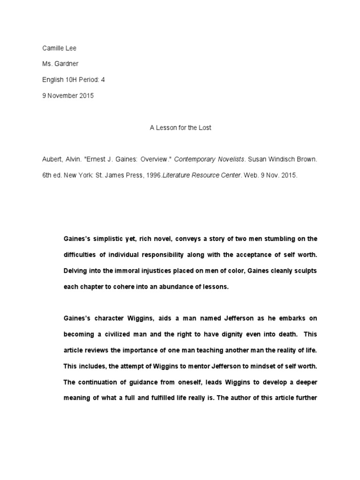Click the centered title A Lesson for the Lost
tap(180, 127)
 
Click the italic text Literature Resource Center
tap(199, 175)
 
